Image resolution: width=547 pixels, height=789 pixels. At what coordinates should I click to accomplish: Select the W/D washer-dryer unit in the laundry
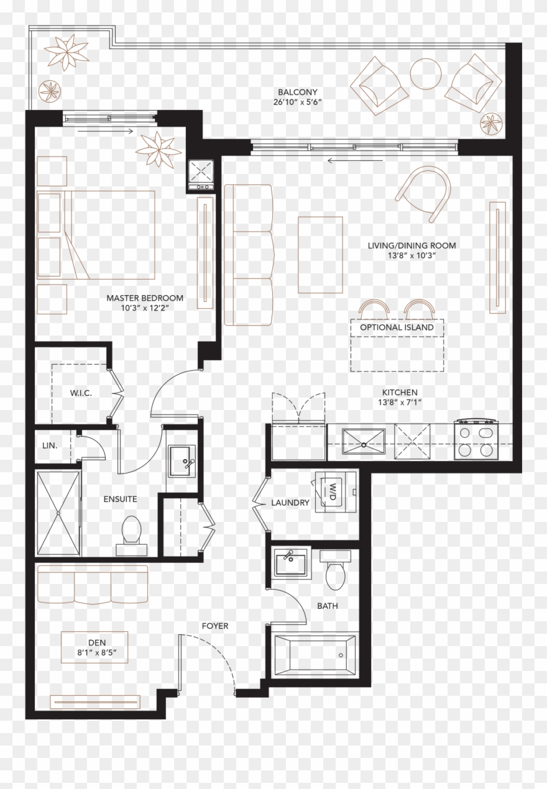(334, 490)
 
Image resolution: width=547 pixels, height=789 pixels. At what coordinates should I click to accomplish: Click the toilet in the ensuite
(131, 533)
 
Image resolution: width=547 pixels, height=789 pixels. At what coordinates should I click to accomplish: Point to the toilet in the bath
(336, 574)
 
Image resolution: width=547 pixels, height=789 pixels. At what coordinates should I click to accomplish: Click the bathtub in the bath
(315, 654)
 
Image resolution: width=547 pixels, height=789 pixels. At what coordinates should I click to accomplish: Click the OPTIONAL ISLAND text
(397, 327)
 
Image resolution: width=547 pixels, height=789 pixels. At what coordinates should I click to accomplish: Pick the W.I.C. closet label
(81, 393)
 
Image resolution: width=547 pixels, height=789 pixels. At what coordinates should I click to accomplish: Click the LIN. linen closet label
(50, 445)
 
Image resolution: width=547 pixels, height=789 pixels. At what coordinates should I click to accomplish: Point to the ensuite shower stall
(58, 513)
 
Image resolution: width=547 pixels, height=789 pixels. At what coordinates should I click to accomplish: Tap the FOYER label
(214, 626)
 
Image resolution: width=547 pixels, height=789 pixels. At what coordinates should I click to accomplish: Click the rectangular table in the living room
(320, 255)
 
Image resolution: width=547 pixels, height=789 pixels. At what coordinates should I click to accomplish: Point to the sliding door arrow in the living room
(338, 161)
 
